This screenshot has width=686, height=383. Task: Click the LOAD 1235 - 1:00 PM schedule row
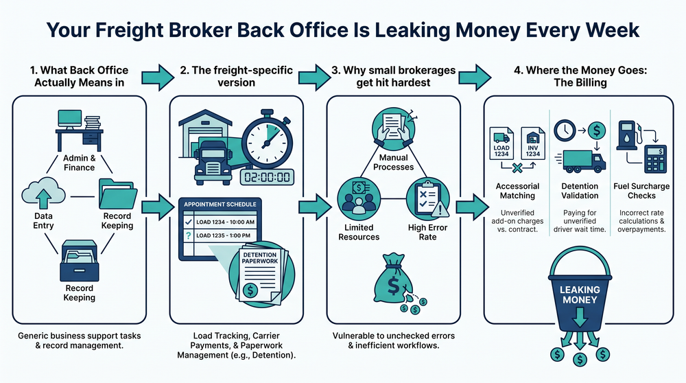(x=219, y=235)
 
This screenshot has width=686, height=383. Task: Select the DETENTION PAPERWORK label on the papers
(x=261, y=259)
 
